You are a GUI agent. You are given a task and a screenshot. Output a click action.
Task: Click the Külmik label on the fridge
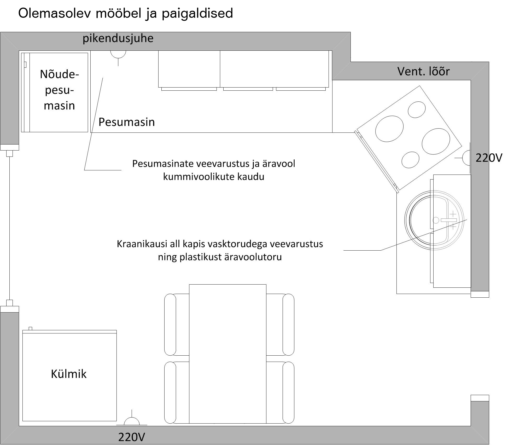(x=69, y=374)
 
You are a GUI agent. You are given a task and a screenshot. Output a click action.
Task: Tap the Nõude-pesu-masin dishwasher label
(x=59, y=90)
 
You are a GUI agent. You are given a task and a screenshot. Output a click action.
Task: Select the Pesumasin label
(x=127, y=122)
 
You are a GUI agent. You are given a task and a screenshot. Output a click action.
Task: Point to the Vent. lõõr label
(x=423, y=71)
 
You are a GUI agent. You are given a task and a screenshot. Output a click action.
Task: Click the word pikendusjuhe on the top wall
(x=118, y=38)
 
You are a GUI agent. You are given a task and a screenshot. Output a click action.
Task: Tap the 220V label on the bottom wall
(x=131, y=437)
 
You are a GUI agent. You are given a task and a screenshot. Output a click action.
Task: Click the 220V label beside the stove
(x=489, y=158)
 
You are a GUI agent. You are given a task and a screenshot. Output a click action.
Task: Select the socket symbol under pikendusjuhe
(x=118, y=54)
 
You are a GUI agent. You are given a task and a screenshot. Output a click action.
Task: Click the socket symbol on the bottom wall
(x=132, y=421)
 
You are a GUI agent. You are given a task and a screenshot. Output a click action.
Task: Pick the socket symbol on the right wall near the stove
(x=466, y=158)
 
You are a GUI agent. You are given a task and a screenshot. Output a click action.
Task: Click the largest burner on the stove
(x=436, y=141)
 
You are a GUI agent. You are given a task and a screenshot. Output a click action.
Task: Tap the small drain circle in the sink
(x=436, y=220)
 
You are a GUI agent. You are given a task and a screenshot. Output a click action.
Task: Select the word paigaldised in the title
(x=197, y=13)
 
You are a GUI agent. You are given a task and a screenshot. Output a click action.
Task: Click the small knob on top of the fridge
(x=30, y=328)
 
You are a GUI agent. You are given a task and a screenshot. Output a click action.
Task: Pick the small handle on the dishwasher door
(x=25, y=64)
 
